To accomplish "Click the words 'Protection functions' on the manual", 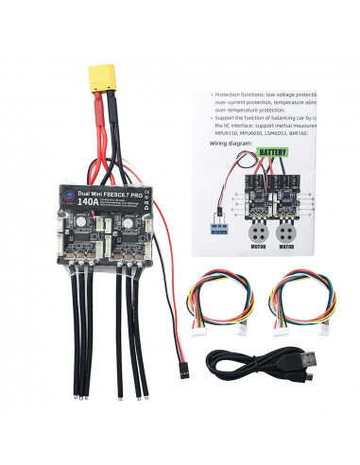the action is click(241, 95).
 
